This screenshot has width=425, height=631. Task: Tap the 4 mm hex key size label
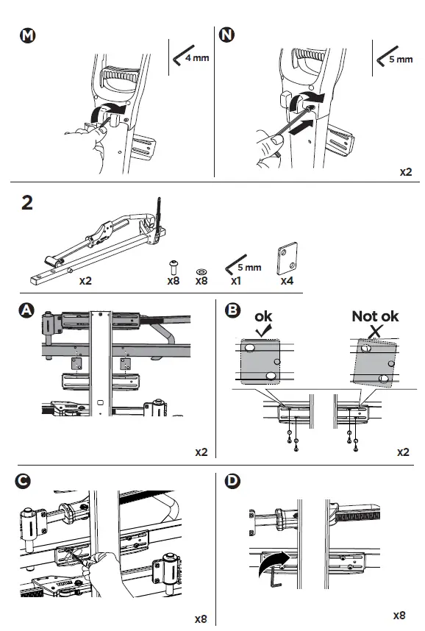click(x=196, y=57)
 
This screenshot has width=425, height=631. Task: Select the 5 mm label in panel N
click(x=400, y=59)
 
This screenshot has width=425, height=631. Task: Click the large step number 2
click(x=27, y=204)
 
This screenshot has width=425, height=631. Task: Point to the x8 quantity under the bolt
click(x=174, y=281)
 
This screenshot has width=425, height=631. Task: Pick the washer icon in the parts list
click(x=201, y=269)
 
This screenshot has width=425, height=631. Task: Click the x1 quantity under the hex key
click(x=237, y=281)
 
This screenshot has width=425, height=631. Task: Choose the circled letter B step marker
click(x=232, y=311)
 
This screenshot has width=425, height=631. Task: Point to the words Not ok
click(x=375, y=316)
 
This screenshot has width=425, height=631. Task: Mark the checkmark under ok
click(x=262, y=330)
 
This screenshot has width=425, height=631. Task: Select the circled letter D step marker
click(x=232, y=482)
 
